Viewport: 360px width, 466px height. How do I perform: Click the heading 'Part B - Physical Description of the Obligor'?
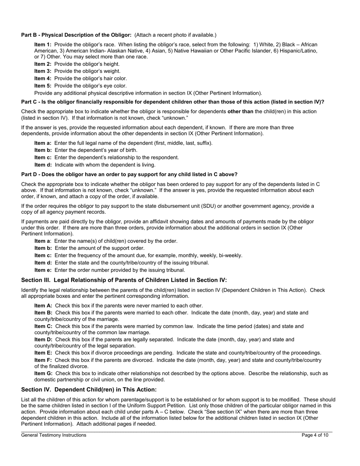coord(76,35)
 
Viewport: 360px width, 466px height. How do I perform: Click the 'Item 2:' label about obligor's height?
coord(43,64)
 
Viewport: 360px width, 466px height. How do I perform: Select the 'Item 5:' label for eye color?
coord(43,86)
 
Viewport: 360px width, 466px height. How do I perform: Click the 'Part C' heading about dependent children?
coord(172,102)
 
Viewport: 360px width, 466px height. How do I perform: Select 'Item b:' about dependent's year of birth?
coord(43,150)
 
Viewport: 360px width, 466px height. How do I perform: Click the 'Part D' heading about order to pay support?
coord(129,174)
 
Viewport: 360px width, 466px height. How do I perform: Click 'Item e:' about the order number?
coord(43,270)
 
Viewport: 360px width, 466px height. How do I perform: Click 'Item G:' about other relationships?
coord(44,373)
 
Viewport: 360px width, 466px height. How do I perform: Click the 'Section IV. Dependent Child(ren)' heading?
coord(89,389)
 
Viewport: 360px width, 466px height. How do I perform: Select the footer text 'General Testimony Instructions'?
coord(54,435)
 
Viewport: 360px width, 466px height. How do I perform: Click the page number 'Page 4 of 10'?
coord(315,435)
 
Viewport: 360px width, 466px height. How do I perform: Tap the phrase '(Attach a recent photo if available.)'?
coord(175,35)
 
